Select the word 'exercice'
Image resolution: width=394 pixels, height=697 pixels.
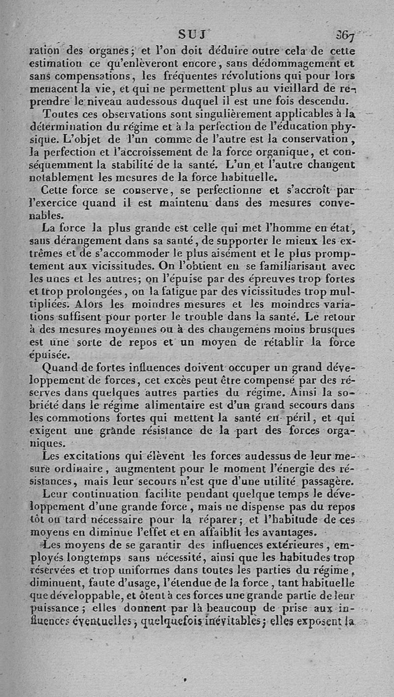click(x=79, y=202)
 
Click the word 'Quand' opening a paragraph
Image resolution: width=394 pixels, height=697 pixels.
click(x=60, y=367)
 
